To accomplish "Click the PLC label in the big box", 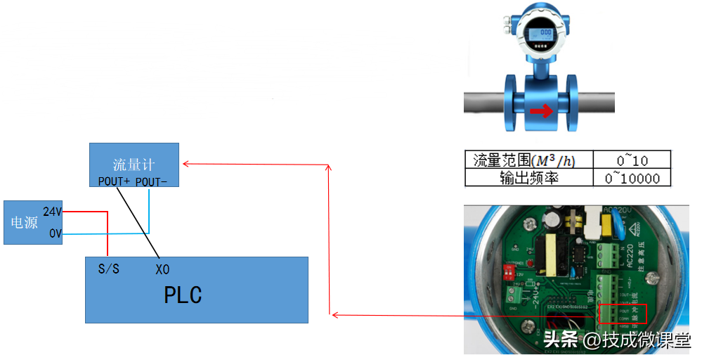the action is tap(183, 295).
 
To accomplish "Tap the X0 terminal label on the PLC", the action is tap(162, 269).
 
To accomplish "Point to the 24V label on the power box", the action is tap(52, 212).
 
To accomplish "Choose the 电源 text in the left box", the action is tap(24, 222).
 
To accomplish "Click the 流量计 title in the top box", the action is tap(133, 165).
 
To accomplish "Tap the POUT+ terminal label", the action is tap(114, 181).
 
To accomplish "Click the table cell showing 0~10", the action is tap(632, 160).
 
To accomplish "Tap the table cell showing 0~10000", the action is tap(632, 178).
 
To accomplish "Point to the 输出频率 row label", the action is tap(528, 178).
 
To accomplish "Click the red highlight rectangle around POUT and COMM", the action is tap(621, 314).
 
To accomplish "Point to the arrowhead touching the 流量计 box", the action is tap(185, 164).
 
